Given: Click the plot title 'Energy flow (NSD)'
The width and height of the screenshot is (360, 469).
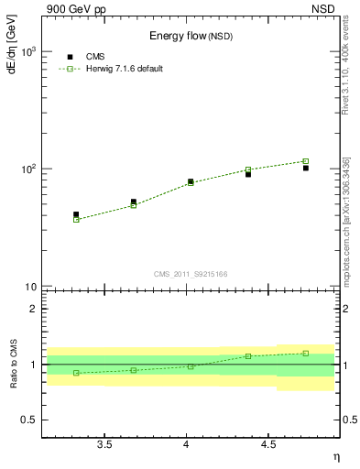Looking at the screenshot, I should pyautogui.click(x=191, y=36).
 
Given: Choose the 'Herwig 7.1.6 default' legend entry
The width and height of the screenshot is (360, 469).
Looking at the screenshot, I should pyautogui.click(x=119, y=69).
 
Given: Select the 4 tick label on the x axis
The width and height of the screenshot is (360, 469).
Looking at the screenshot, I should pyautogui.click(x=187, y=444).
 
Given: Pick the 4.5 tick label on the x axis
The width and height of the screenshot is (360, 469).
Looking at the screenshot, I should pyautogui.click(x=268, y=444).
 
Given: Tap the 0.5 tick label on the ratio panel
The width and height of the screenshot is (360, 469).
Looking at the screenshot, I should pyautogui.click(x=28, y=420).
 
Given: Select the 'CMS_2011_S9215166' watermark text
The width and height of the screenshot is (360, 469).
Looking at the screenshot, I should pyautogui.click(x=191, y=274).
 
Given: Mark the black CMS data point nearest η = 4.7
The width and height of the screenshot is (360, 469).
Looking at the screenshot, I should pyautogui.click(x=306, y=168).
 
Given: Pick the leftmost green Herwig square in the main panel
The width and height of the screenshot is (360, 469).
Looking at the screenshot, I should pyautogui.click(x=76, y=220).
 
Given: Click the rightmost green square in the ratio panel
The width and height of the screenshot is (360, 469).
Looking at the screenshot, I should pyautogui.click(x=306, y=353).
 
